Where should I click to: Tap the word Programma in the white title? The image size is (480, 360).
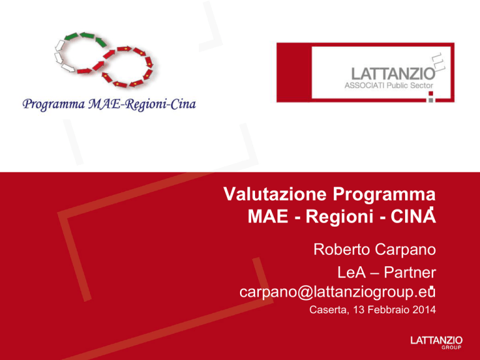[x=384, y=195]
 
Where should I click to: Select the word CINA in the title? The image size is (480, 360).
[x=413, y=216]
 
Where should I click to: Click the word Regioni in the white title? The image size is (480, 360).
[x=339, y=217]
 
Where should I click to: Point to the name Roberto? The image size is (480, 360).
[x=342, y=249]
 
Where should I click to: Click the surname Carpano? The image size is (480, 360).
[x=405, y=250]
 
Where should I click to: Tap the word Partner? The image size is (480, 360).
[x=409, y=272]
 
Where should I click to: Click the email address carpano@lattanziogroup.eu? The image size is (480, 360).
[x=337, y=292]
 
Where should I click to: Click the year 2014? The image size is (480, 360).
[x=424, y=310]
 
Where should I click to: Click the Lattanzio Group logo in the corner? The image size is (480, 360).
[x=436, y=342]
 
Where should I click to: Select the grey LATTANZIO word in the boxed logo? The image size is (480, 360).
[x=393, y=74]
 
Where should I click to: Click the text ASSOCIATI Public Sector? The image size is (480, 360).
[x=389, y=86]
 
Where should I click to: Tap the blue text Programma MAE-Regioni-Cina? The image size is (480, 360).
[x=109, y=105]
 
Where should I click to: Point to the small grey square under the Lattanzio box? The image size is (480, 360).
[x=431, y=99]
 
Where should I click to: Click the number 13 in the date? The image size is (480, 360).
[x=359, y=310]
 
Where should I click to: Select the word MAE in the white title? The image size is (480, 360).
[x=268, y=216]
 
